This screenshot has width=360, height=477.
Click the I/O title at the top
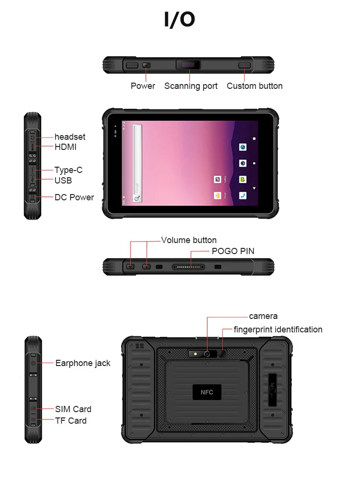[180, 20]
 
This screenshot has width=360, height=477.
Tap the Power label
[143, 86]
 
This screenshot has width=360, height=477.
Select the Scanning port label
[191, 86]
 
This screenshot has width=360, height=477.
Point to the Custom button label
[254, 86]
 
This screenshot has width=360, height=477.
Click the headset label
[70, 137]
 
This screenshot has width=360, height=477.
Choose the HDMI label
[65, 147]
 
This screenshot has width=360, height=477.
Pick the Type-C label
[68, 170]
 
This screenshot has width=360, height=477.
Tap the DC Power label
[74, 197]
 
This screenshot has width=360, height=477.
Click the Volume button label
[189, 240]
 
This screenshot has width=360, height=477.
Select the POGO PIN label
[233, 251]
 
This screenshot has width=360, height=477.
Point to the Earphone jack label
[83, 363]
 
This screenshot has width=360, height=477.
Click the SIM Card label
[73, 409]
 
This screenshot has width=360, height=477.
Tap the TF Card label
[71, 421]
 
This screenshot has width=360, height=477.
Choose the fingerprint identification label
[278, 330]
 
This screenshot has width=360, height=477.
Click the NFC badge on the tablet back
[207, 392]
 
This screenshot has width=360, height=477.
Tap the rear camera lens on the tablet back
[207, 354]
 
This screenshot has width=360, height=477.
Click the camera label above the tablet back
[263, 316]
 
